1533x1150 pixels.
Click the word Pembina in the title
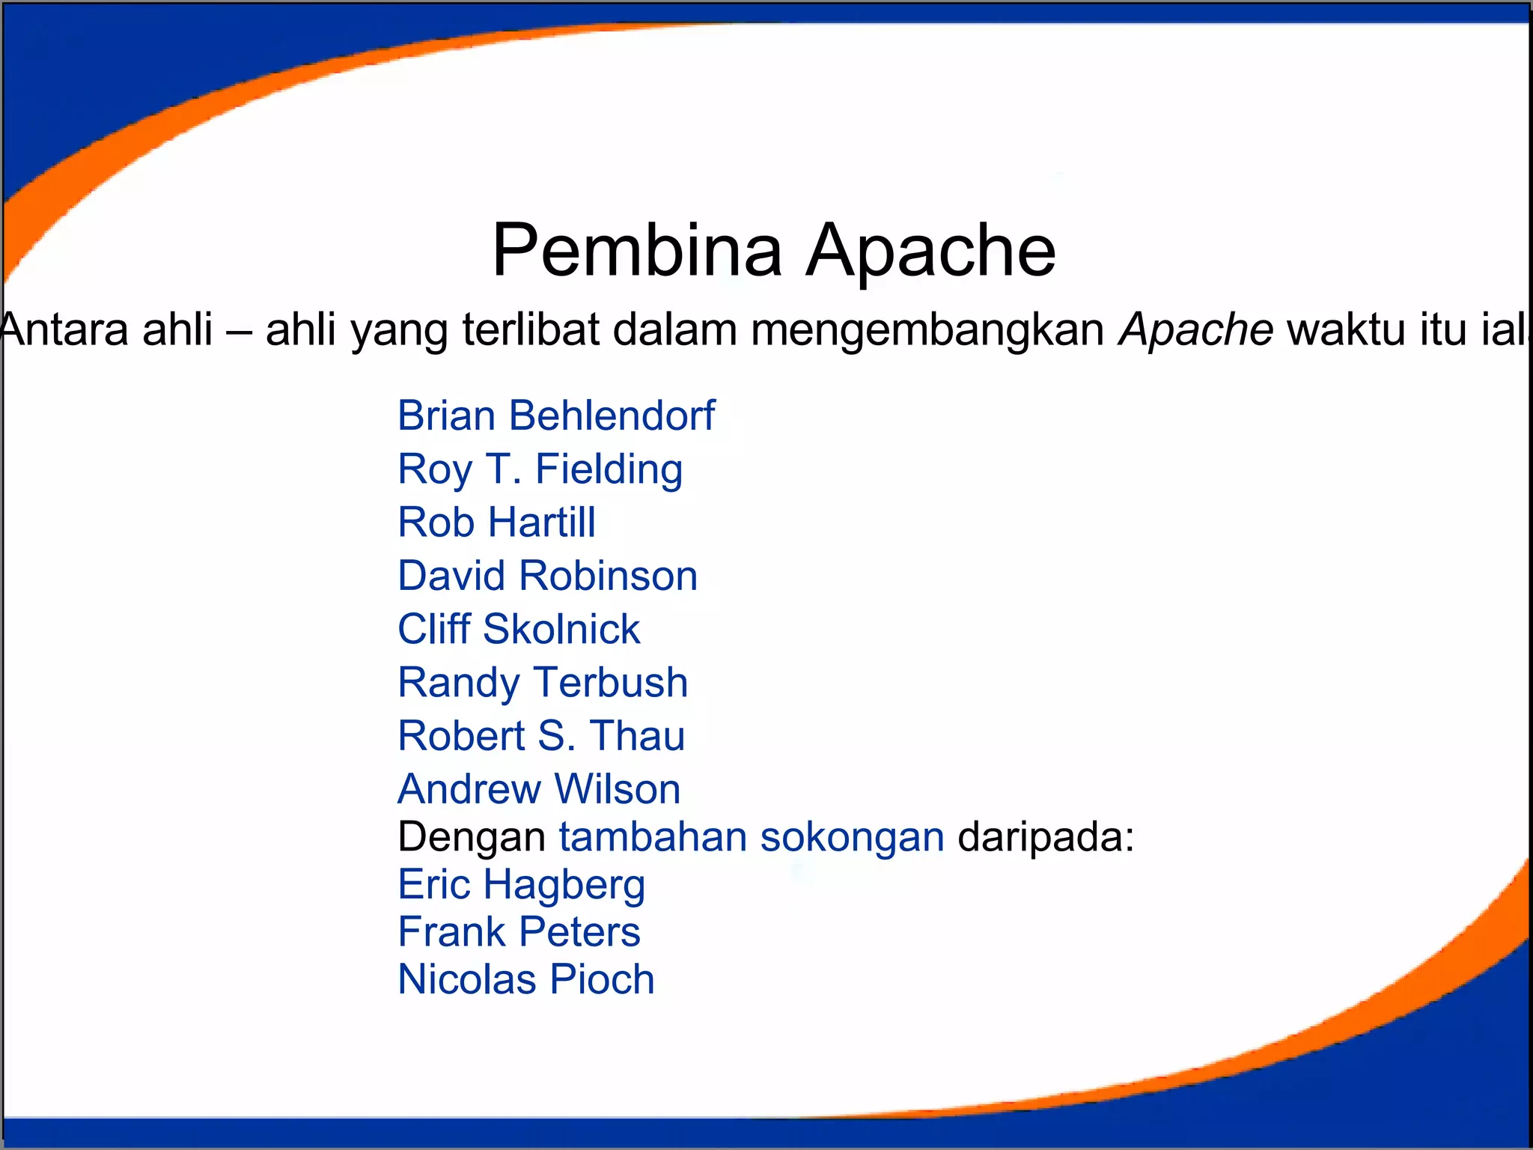coord(637,250)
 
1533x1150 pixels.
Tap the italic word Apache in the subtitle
coord(1195,329)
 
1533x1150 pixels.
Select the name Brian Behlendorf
coord(556,416)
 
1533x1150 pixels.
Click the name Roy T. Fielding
coord(540,469)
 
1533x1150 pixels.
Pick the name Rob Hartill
coord(496,522)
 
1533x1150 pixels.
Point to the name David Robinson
coord(547,576)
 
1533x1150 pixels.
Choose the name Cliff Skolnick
coord(519,629)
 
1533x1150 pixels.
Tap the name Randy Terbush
coord(543,682)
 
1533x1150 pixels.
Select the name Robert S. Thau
coord(541,735)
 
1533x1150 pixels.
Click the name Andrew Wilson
coord(539,789)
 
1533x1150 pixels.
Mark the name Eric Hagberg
coord(521,884)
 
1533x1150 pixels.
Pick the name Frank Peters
coord(519,932)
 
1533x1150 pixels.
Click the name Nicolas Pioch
coord(526,979)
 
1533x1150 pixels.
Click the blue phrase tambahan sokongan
coord(752,837)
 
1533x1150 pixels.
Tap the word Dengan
coord(472,837)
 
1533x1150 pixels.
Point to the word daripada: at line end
coord(1046,837)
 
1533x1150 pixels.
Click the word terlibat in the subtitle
coord(531,329)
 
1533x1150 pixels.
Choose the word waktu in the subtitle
coord(1336,329)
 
